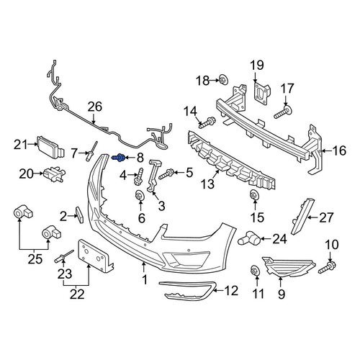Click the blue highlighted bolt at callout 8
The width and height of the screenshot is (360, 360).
[x=119, y=158]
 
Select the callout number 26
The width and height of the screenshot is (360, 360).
[x=95, y=107]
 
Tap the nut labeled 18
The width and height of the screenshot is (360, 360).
[x=224, y=80]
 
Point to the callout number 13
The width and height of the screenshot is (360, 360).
[x=207, y=184]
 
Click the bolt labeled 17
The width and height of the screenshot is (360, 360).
[x=283, y=112]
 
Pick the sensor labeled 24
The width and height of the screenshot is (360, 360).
[x=249, y=238]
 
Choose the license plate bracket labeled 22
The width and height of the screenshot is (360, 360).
[x=96, y=256]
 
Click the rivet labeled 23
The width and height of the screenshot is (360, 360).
[x=64, y=256]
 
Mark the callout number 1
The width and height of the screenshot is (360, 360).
[x=145, y=280]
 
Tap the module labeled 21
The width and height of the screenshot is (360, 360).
[x=50, y=146]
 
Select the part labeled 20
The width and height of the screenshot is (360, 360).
[x=54, y=174]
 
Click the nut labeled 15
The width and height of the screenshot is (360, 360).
[x=254, y=195]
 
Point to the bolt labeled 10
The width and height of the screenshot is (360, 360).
[x=328, y=268]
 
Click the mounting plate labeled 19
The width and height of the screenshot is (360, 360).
[x=261, y=93]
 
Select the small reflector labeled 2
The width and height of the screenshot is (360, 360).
[x=79, y=215]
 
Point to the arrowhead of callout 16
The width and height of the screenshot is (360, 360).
[x=323, y=150]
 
